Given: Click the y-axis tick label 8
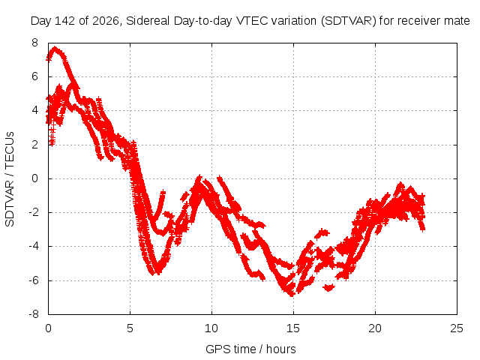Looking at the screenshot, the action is pyautogui.click(x=34, y=43).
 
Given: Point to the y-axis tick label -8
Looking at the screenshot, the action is pyautogui.click(x=33, y=314).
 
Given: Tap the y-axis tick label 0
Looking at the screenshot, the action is pyautogui.click(x=34, y=178).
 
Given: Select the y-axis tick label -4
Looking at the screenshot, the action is pyautogui.click(x=33, y=247).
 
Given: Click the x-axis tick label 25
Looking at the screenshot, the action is pyautogui.click(x=457, y=328).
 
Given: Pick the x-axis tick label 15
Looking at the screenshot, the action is pyautogui.click(x=293, y=328).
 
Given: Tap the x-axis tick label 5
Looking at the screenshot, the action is pyautogui.click(x=130, y=328).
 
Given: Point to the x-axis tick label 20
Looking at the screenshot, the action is pyautogui.click(x=375, y=328).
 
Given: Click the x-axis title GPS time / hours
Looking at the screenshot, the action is pyautogui.click(x=250, y=349).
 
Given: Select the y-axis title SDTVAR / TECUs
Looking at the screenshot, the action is pyautogui.click(x=10, y=179).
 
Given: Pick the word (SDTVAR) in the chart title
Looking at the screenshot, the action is pyautogui.click(x=348, y=21).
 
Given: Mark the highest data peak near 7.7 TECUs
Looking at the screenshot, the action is pyautogui.click(x=55, y=48).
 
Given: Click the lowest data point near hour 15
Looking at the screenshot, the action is pyautogui.click(x=292, y=295).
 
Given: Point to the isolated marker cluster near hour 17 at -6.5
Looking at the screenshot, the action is pyautogui.click(x=328, y=287).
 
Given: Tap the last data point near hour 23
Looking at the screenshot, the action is pyautogui.click(x=423, y=228).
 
